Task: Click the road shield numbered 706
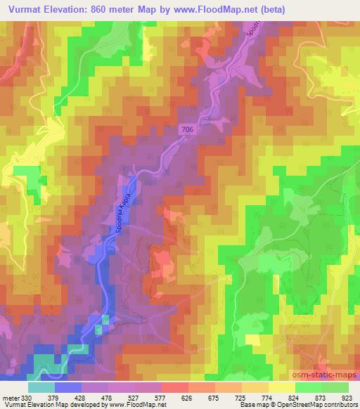pos(186,130)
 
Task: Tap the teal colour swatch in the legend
pos(41,387)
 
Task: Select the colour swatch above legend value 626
pos(175,387)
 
